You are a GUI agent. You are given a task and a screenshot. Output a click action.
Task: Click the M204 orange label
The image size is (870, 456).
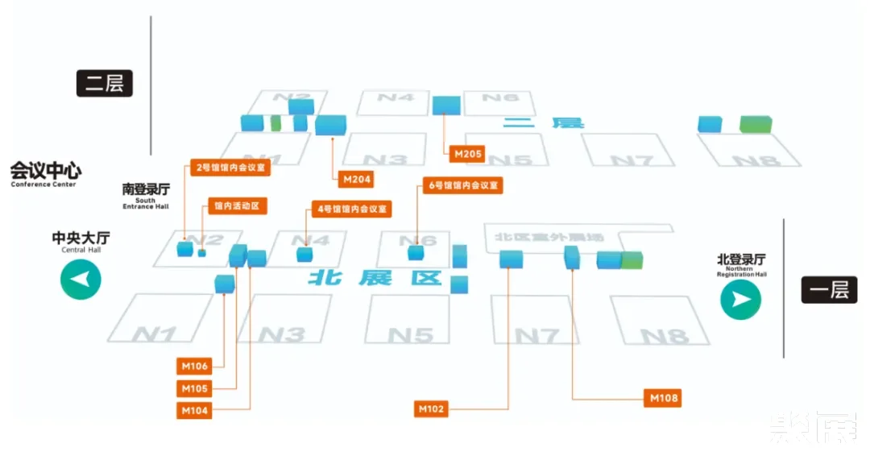pyautogui.click(x=356, y=179)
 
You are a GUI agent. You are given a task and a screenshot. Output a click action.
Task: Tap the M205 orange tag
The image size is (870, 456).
pyautogui.click(x=468, y=152)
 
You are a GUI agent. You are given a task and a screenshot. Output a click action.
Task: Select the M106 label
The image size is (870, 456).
pyautogui.click(x=194, y=366)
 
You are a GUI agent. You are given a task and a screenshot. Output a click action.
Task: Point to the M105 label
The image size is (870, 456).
pyautogui.click(x=194, y=388)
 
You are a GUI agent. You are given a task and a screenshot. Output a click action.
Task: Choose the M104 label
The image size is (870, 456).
pyautogui.click(x=194, y=410)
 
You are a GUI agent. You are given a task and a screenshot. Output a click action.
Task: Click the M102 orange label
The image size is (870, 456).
pyautogui.click(x=432, y=409)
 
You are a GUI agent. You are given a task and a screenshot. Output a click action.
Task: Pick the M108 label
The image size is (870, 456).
pyautogui.click(x=664, y=397)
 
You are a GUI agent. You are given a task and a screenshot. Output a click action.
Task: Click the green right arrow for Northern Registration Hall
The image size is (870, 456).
pyautogui.click(x=740, y=299)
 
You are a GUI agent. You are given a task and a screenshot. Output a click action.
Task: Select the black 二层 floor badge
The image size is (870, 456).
pyautogui.click(x=105, y=83)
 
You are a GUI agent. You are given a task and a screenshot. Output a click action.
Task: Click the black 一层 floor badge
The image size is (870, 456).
pyautogui.click(x=829, y=289)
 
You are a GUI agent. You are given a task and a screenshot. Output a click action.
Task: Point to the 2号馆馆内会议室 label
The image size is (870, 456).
pyautogui.click(x=230, y=168)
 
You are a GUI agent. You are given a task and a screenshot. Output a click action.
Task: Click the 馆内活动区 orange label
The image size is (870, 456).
pyautogui.click(x=237, y=205)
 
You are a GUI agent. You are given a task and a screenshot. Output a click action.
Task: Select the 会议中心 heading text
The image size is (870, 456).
pyautogui.click(x=45, y=172)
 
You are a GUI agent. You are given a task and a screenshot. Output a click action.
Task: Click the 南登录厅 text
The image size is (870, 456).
pyautogui.click(x=146, y=190)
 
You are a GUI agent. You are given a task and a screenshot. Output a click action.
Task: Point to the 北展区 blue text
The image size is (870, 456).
pyautogui.click(x=376, y=278)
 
